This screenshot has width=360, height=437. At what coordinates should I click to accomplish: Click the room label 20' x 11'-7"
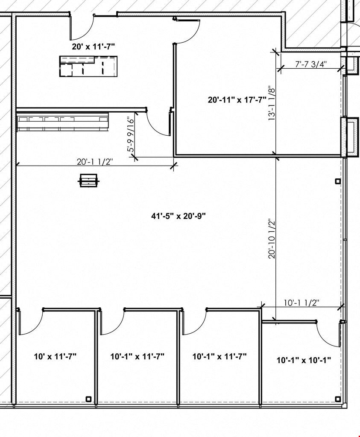click(93, 47)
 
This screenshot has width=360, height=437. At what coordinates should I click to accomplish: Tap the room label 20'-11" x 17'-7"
click(237, 100)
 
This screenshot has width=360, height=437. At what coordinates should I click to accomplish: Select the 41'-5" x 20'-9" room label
click(179, 216)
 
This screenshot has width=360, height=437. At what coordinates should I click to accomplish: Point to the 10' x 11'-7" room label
click(55, 356)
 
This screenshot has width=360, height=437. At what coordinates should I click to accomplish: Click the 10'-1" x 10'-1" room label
click(304, 360)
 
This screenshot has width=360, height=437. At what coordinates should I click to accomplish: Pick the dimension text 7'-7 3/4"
click(310, 64)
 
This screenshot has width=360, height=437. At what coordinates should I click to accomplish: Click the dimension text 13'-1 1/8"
click(272, 104)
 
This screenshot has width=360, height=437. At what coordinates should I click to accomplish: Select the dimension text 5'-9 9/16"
click(131, 135)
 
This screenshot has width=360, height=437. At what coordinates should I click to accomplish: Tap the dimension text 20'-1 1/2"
click(95, 162)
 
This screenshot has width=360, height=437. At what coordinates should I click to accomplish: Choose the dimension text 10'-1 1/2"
click(301, 303)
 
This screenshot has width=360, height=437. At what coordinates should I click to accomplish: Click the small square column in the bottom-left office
click(88, 399)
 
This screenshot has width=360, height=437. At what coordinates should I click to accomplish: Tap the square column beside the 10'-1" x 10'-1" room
click(338, 399)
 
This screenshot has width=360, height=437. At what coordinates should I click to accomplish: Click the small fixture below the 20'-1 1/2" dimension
click(88, 181)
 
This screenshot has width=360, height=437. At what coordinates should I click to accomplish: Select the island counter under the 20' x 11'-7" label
click(88, 66)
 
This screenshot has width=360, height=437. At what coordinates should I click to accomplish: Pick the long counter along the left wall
click(62, 121)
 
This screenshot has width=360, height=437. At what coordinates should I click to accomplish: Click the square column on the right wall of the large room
click(338, 181)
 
